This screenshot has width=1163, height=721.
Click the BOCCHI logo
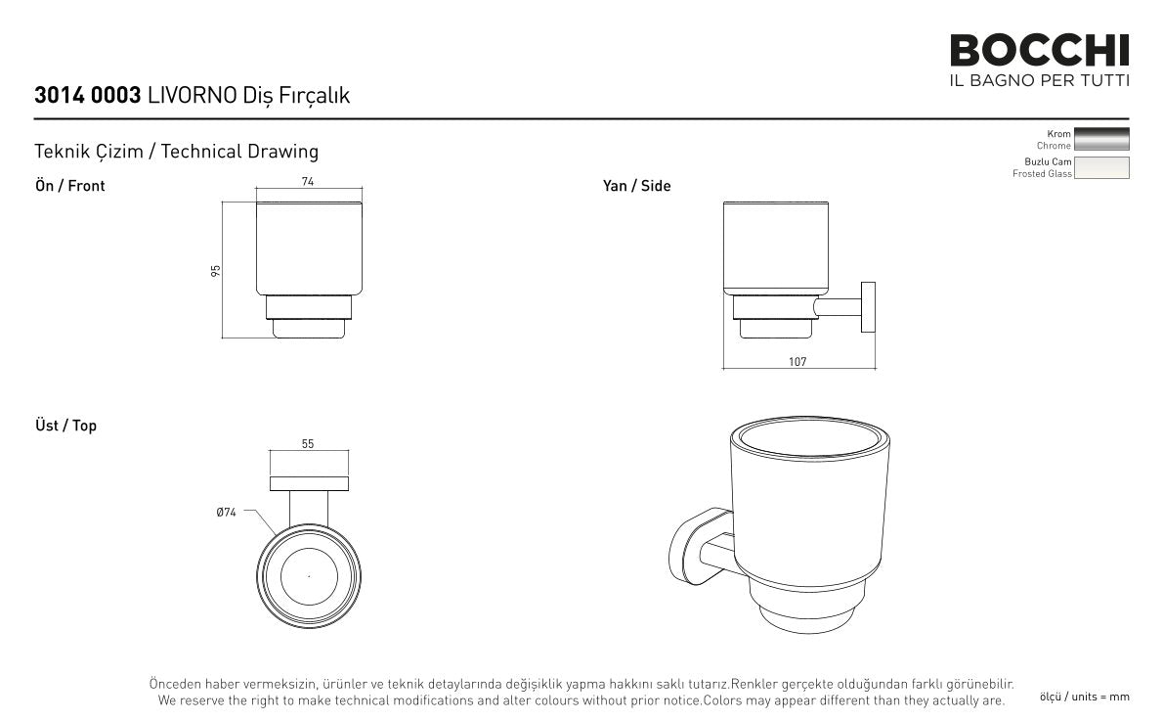click(x=1039, y=51)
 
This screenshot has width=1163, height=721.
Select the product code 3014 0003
click(x=88, y=95)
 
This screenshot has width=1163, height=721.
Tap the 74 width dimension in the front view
click(x=308, y=181)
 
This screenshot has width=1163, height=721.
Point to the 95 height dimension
click(x=216, y=271)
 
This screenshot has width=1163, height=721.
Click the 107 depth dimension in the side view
click(x=797, y=362)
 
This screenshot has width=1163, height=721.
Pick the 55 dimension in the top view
click(x=308, y=444)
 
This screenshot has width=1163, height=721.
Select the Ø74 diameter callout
click(x=226, y=513)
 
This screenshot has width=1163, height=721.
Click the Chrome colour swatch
click(x=1101, y=139)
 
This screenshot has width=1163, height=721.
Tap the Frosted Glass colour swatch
click(x=1101, y=168)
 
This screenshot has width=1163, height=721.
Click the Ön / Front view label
click(x=69, y=186)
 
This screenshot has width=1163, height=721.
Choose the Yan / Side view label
click(x=636, y=186)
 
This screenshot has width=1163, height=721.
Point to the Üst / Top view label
click(x=66, y=426)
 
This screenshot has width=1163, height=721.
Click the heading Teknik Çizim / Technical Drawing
click(x=177, y=152)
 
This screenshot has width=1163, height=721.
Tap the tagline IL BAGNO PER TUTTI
click(x=1039, y=80)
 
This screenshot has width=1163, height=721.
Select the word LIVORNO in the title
click(x=193, y=95)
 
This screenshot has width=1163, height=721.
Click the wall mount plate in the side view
click(x=868, y=307)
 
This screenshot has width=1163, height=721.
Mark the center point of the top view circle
click(x=309, y=576)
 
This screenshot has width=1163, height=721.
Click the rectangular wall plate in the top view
click(x=309, y=483)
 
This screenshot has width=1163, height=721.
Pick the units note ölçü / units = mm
click(x=1085, y=697)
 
